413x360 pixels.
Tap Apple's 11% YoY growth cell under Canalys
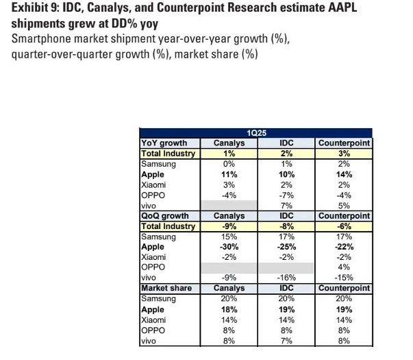click(x=229, y=175)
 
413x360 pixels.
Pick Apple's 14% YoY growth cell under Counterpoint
click(x=344, y=175)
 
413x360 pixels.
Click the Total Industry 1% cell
click(x=229, y=154)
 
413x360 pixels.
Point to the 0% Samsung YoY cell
click(x=229, y=165)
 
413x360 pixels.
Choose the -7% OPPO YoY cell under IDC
click(x=286, y=195)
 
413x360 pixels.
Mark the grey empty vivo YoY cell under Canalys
click(x=229, y=206)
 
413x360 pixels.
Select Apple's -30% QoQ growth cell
click(x=229, y=248)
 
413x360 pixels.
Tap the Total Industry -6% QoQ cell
click(x=344, y=226)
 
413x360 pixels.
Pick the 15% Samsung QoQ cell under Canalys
click(x=229, y=237)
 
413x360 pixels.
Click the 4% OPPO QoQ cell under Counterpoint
click(x=344, y=268)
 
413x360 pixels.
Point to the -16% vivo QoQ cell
click(x=286, y=278)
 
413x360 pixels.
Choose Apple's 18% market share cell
click(x=229, y=310)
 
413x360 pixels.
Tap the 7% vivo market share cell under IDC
click(x=286, y=341)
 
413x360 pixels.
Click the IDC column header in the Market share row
click(x=286, y=289)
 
